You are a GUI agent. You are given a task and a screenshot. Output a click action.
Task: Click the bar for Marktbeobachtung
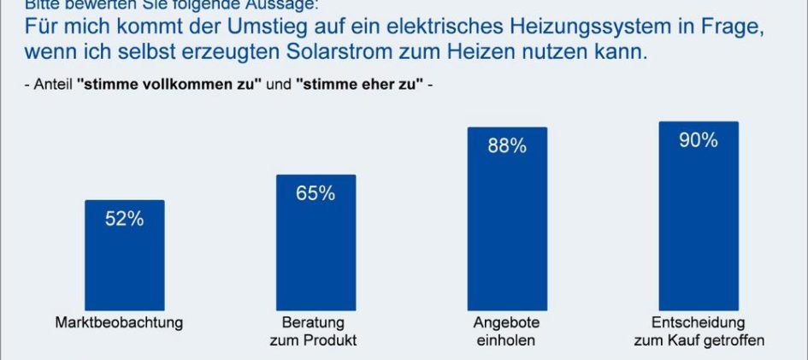click(x=124, y=257)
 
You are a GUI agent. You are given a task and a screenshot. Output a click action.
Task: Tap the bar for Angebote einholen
click(x=507, y=222)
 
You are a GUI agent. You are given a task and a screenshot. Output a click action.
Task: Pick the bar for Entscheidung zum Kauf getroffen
click(x=698, y=218)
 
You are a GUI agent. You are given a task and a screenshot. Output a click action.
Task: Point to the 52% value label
click(x=124, y=219)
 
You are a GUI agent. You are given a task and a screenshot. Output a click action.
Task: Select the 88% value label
click(x=507, y=146)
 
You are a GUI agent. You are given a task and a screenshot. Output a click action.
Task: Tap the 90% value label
click(x=698, y=140)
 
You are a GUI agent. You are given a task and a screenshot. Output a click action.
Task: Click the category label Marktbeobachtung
click(x=119, y=323)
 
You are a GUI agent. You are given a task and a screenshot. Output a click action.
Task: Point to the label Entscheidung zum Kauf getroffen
click(x=698, y=332)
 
